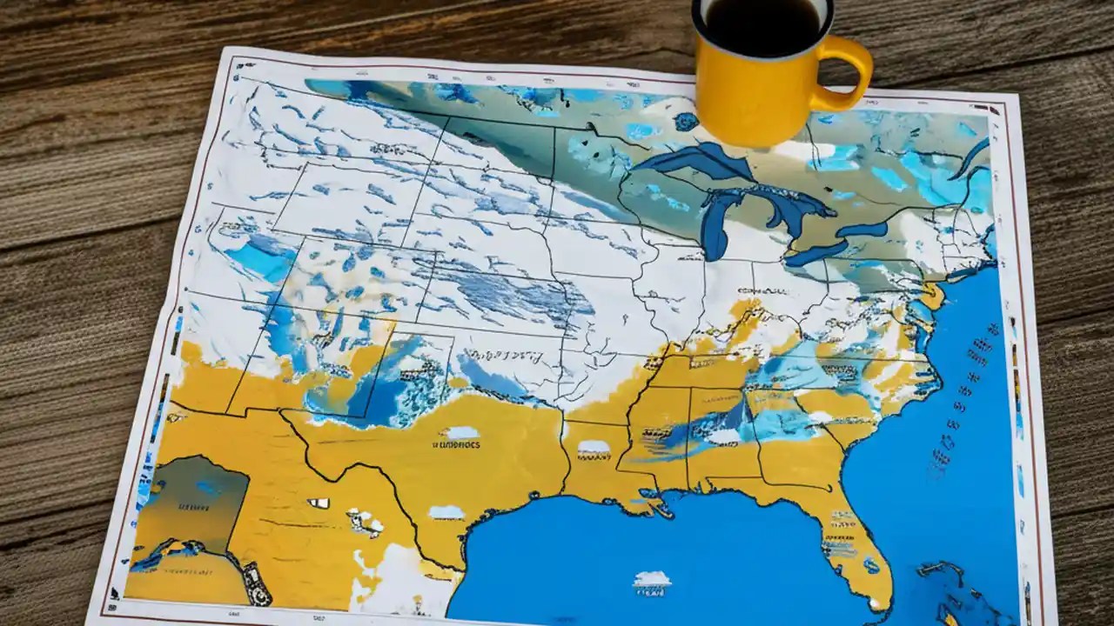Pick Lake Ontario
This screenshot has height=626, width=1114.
[862, 230]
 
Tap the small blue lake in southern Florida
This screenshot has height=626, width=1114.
[871, 565]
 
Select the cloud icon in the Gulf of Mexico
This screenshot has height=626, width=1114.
[652, 578]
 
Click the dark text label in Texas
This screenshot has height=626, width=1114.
[455, 444]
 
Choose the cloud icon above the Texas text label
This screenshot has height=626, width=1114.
[461, 432]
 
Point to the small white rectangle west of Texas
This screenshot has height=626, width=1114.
[318, 503]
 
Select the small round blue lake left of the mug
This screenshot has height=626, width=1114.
[685, 122]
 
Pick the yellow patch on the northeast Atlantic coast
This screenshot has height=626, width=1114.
[932, 296]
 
